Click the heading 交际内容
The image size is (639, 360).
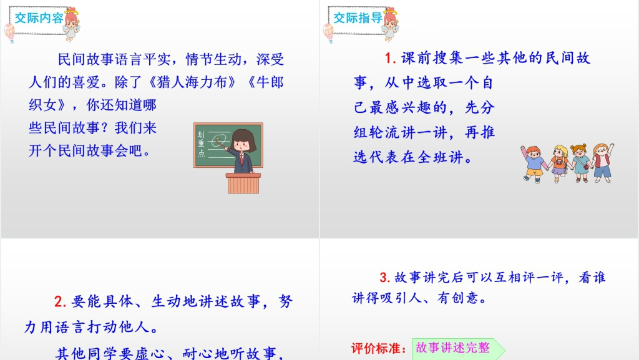click(39, 18)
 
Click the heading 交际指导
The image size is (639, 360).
click(358, 18)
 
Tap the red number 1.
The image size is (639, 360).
click(390, 58)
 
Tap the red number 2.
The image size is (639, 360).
click(59, 301)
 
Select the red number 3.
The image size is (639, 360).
click(384, 277)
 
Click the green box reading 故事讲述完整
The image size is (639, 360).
click(456, 348)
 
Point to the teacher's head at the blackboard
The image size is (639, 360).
click(243, 140)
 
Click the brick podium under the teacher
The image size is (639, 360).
click(243, 183)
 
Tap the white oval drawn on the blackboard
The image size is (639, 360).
click(219, 140)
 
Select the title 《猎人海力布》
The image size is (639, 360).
click(192, 83)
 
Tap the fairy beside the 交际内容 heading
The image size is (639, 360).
click(72, 24)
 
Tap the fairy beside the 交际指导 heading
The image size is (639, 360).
click(391, 24)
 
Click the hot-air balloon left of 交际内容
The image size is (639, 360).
click(9, 32)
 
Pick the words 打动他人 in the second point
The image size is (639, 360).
click(117, 327)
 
